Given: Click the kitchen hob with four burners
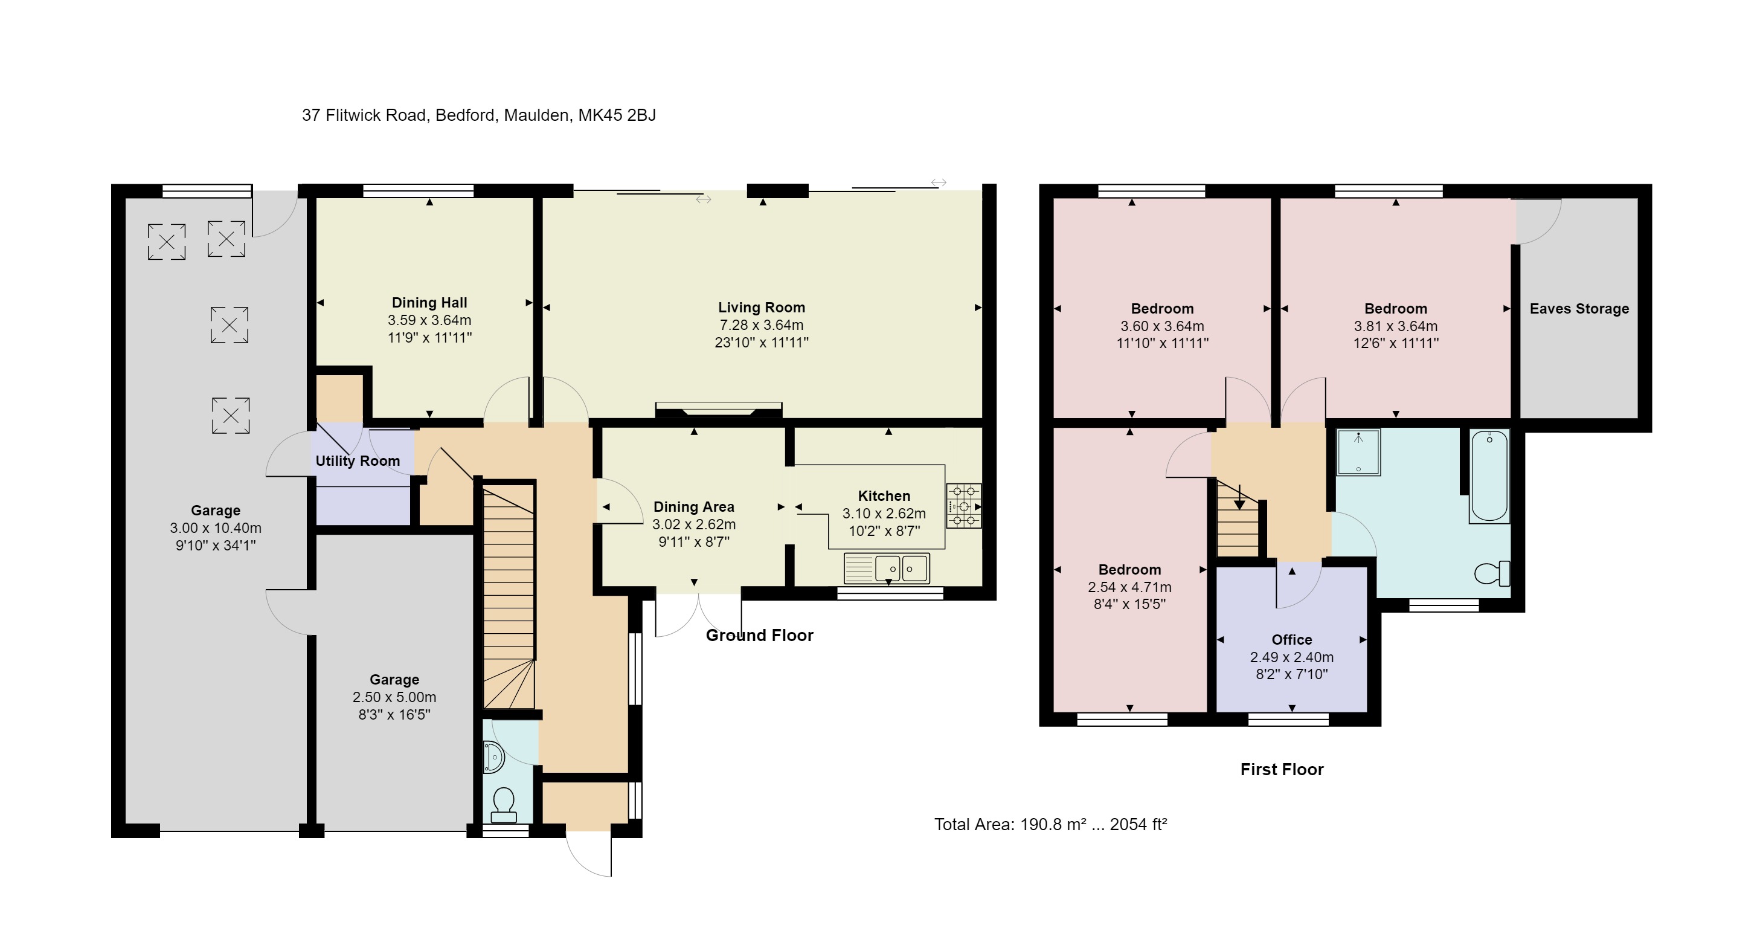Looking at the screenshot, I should tap(963, 506).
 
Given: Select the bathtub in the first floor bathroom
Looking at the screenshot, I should tap(1489, 476).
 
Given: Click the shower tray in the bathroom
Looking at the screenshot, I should tap(1358, 452).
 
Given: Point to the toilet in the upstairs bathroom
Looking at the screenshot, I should tap(1491, 573).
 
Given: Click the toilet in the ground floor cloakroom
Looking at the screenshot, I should tap(504, 804).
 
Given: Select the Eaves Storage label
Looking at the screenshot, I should tap(1579, 309).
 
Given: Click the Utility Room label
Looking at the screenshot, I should tap(358, 461).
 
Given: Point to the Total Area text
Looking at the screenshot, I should tap(1050, 824).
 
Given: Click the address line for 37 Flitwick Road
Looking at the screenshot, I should tap(478, 115).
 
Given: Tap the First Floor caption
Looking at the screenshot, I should tap(1281, 770).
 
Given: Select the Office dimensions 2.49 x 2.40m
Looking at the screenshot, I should tap(1291, 657).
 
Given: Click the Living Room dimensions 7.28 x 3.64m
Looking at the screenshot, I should tap(761, 325).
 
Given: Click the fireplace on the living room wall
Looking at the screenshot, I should tap(719, 411).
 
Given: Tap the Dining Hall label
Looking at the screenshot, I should tap(429, 303).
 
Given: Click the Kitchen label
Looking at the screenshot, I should tap(884, 495).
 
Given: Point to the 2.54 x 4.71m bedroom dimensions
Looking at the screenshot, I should tap(1129, 587).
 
